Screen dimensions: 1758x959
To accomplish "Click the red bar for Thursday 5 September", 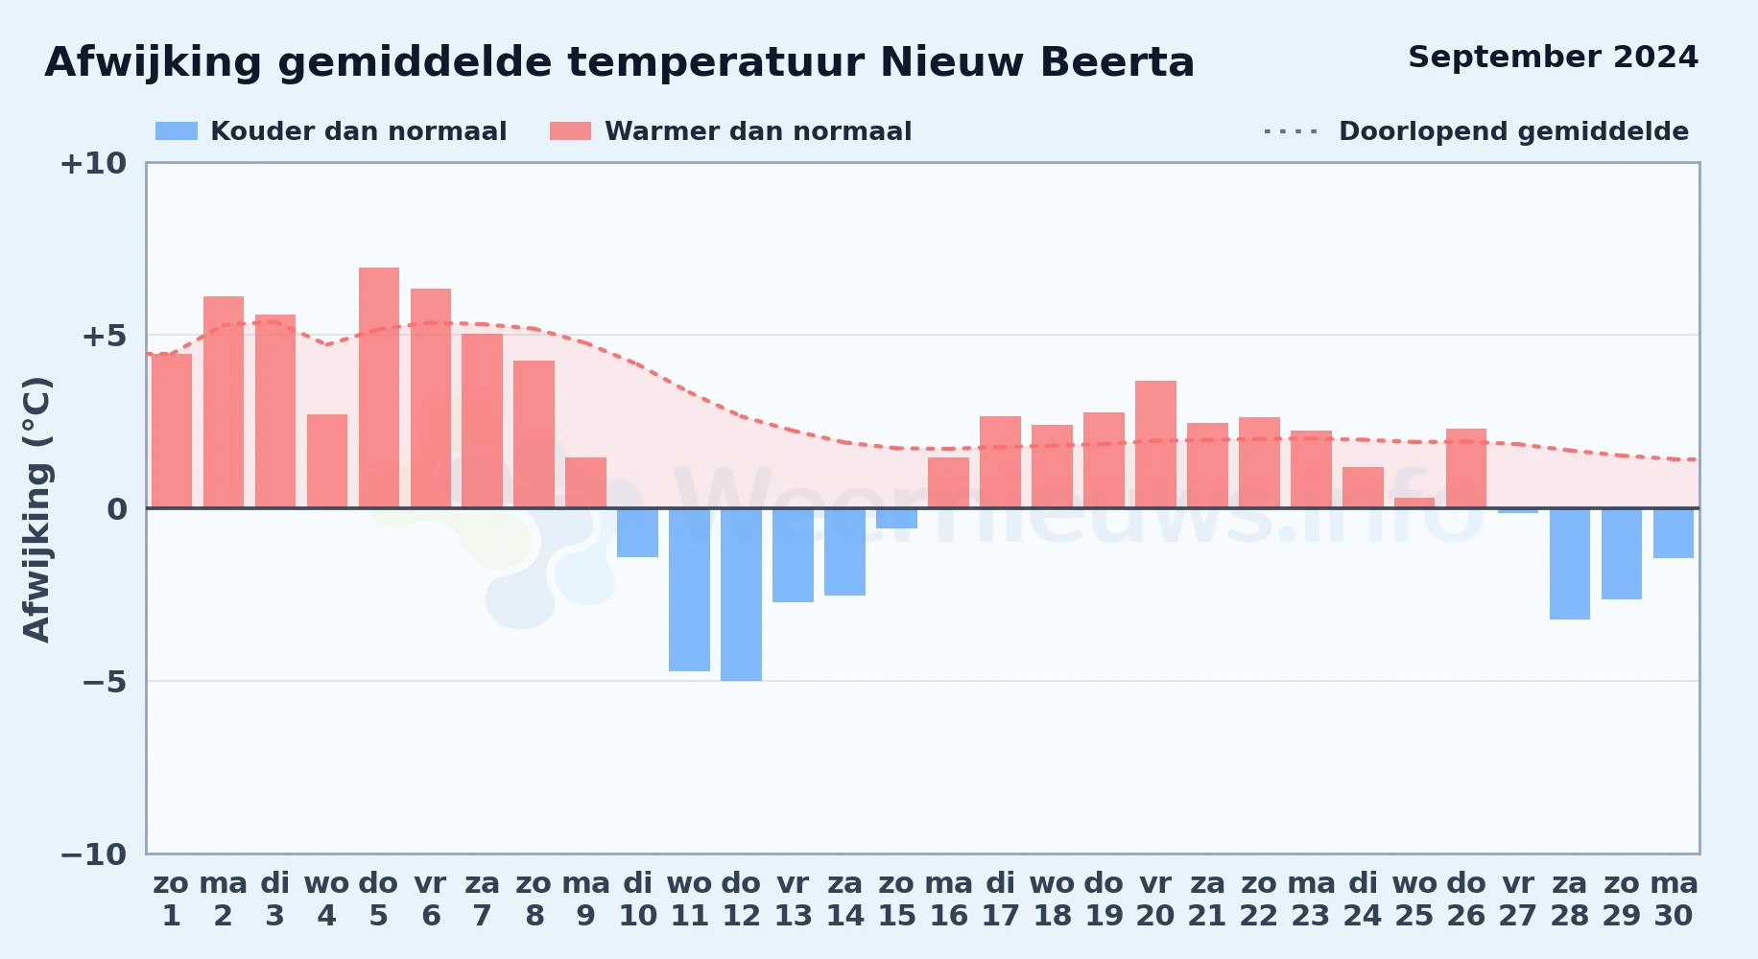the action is point(379,387).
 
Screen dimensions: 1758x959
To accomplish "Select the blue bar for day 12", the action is point(741,595).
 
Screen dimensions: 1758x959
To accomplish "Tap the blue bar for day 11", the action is point(689,590).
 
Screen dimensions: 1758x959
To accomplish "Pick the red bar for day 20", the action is point(1155,444).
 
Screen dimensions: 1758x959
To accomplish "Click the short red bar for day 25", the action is point(1414,503).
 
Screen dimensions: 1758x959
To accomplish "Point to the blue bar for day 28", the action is point(1570,564).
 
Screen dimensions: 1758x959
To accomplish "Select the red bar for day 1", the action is point(172,431).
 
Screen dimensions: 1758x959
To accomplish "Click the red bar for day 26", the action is point(1466,468).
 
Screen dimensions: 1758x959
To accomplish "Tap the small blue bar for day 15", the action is point(896,518).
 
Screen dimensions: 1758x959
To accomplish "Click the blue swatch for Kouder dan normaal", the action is point(177,131).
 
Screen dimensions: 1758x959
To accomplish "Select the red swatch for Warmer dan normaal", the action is point(570,131).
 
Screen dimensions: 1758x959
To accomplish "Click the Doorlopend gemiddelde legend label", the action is point(1513,131).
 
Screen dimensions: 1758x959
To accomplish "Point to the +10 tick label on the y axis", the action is point(93,164).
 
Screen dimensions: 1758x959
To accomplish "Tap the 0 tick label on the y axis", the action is point(117,509).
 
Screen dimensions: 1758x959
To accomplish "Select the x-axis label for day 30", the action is point(1674,900).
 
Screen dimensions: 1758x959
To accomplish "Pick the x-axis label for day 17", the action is point(1000,900).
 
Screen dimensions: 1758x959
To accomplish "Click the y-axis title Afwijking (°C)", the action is point(36,509).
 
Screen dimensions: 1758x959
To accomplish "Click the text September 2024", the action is point(1553,58).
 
